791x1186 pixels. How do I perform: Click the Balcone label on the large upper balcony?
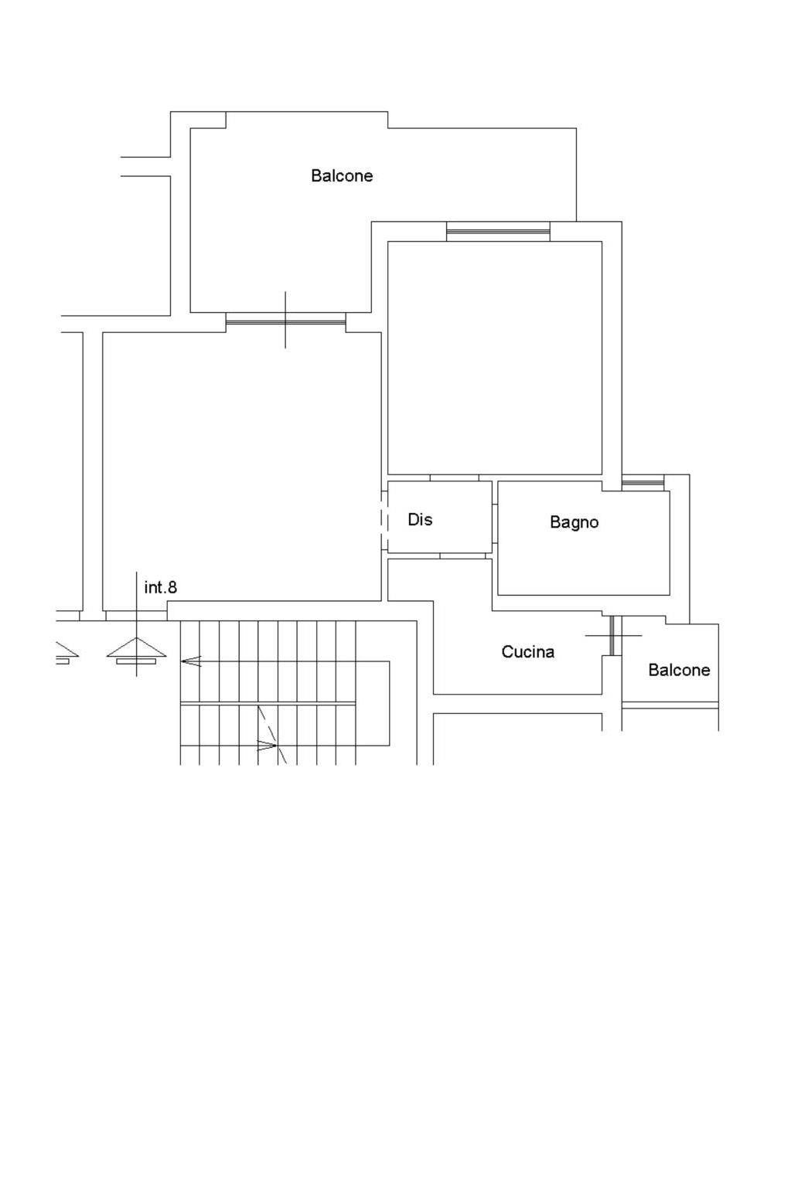[342, 176]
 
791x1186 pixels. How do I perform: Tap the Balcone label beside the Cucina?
[679, 670]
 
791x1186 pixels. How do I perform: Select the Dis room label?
[420, 519]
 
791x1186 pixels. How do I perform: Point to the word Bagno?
[574, 522]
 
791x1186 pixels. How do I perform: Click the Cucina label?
[527, 652]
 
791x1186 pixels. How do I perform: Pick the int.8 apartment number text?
[161, 587]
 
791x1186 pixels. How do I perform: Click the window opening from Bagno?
[642, 482]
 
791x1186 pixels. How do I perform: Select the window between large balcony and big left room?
[285, 319]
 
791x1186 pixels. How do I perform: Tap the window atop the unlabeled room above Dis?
[498, 231]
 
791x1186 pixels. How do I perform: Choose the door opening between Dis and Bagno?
[495, 523]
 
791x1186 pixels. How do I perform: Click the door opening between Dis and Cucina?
[462, 556]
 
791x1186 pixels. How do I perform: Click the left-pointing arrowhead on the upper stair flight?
[191, 661]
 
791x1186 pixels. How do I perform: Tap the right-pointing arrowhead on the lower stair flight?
[267, 746]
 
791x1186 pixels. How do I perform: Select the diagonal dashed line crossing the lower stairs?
[272, 734]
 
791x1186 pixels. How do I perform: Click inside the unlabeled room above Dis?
[495, 358]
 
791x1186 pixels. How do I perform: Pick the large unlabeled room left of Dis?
[241, 467]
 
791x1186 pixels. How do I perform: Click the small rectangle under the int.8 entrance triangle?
[136, 661]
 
